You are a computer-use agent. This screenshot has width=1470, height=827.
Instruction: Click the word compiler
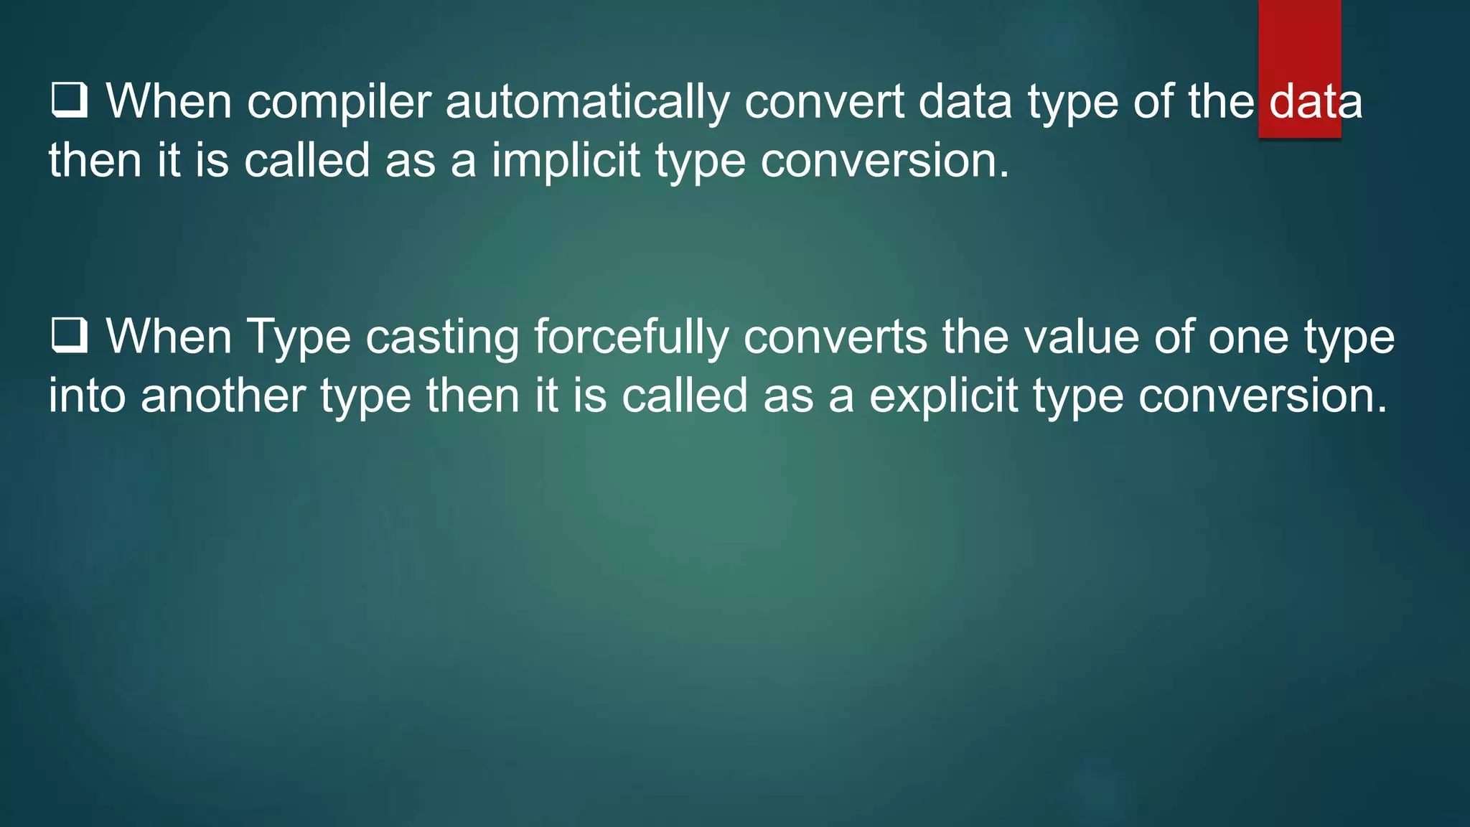339,102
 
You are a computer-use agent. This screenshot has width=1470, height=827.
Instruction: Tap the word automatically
587,102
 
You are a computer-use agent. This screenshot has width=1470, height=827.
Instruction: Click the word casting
442,337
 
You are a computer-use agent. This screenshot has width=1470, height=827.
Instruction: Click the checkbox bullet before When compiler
70,101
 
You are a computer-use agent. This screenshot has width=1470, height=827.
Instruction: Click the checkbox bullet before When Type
70,336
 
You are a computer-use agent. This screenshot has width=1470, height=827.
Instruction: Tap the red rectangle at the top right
1299,43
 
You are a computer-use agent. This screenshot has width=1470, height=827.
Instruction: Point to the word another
223,396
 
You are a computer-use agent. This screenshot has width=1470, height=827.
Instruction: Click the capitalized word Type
299,337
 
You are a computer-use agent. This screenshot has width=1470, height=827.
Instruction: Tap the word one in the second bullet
1247,337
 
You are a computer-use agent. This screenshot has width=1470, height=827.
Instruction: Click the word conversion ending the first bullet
884,160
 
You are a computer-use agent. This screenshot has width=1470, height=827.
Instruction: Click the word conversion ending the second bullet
1263,396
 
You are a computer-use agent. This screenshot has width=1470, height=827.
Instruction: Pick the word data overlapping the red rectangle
1315,102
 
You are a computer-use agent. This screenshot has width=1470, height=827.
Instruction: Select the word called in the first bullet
306,160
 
